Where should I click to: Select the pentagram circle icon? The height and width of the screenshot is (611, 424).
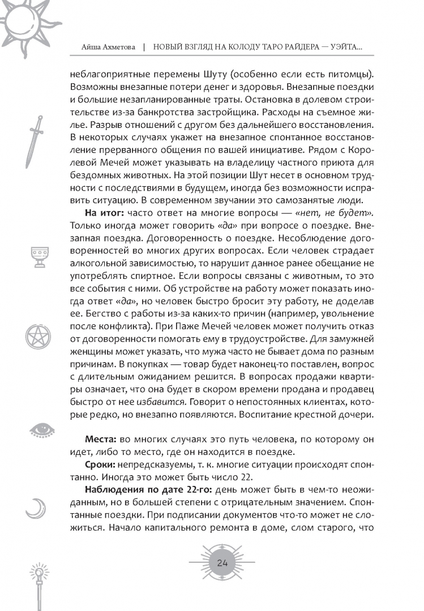38,335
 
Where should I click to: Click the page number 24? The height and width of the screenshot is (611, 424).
222,562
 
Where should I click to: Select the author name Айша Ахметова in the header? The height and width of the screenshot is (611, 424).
104,49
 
